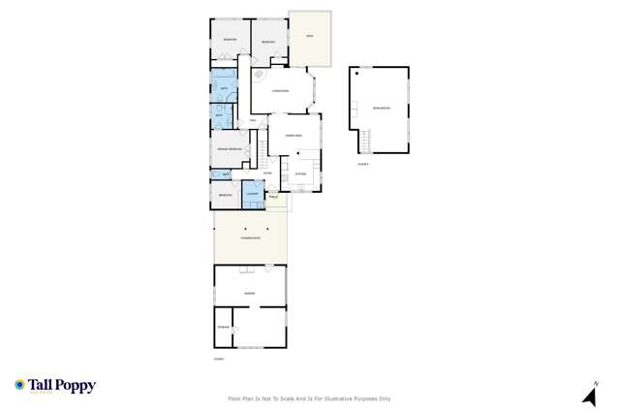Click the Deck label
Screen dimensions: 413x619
310,37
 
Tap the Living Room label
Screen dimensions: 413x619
280,91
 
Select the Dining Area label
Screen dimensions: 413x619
292,137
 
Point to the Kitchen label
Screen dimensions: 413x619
299,174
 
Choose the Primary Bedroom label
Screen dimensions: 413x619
228,148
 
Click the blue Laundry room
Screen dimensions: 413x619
252,194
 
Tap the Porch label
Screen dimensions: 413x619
274,197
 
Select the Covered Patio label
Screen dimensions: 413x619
251,237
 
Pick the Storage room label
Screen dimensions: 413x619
224,328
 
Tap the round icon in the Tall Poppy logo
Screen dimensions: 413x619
19,385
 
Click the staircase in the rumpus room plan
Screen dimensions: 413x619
364,143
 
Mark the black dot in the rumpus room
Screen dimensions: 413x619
357,74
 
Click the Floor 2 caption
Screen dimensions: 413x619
363,164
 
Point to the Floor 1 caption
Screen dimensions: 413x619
219,360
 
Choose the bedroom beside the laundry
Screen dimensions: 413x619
225,195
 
